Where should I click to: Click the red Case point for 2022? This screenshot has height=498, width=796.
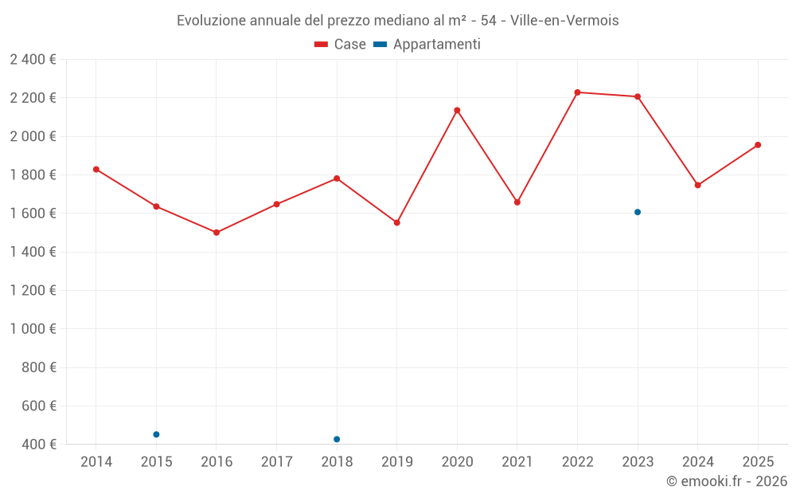(577, 92)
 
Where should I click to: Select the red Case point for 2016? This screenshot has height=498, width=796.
(217, 233)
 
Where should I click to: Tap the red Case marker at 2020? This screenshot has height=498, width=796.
(457, 110)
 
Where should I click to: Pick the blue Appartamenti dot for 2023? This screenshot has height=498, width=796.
(638, 212)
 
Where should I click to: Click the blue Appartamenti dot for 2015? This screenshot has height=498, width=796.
(156, 434)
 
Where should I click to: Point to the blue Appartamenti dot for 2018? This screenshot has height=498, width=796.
(337, 439)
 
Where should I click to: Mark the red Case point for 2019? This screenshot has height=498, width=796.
(396, 222)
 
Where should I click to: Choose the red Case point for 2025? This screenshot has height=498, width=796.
(758, 145)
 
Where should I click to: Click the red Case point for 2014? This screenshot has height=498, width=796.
(96, 169)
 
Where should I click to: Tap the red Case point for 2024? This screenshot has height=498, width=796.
(697, 185)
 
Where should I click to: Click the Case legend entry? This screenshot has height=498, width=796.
(341, 45)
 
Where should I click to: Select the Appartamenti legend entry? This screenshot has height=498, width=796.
(427, 45)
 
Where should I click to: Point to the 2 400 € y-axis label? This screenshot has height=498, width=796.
(33, 60)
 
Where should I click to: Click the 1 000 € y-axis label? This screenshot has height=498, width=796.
(33, 329)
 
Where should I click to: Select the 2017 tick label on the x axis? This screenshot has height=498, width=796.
(276, 461)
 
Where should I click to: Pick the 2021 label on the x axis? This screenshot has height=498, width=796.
(517, 461)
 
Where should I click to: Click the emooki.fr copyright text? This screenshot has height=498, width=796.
(726, 481)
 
